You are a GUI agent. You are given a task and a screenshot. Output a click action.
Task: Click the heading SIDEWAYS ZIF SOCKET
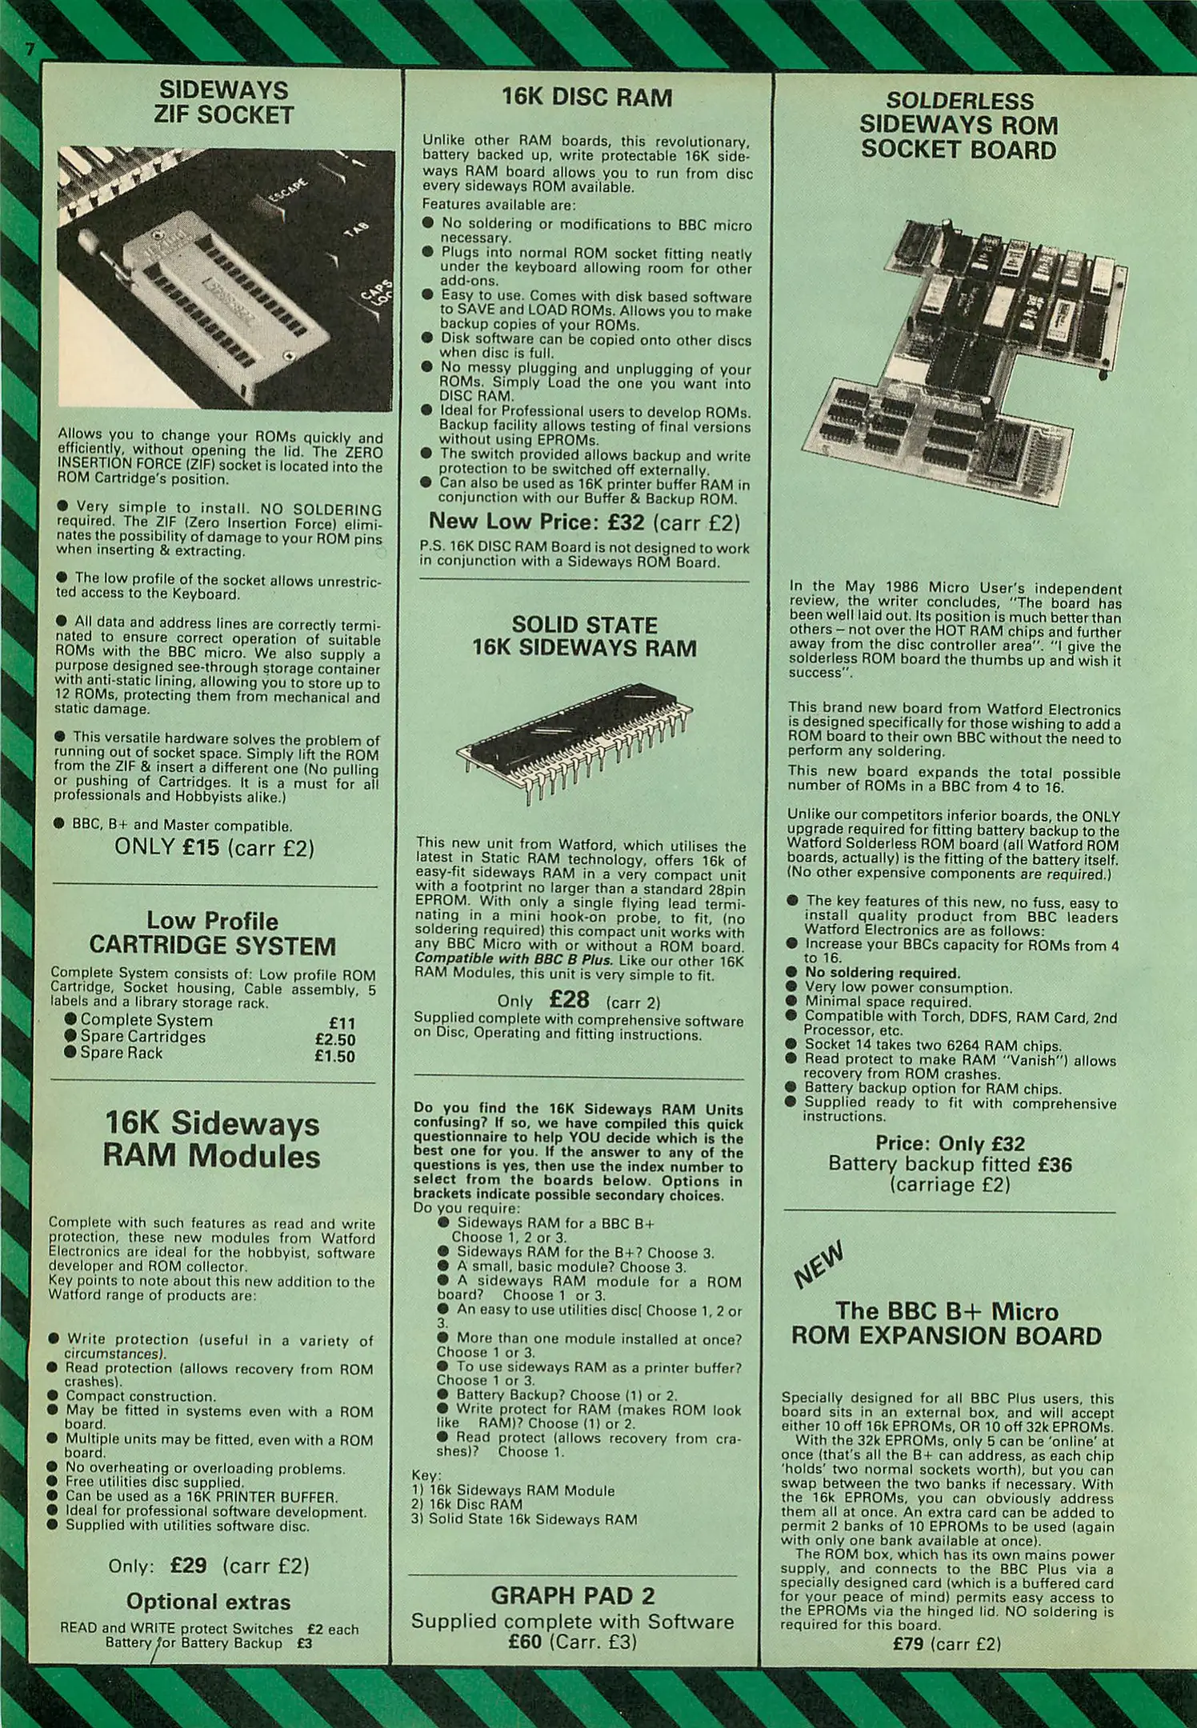(x=223, y=102)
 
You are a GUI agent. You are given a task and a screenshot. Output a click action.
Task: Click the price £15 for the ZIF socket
(x=201, y=847)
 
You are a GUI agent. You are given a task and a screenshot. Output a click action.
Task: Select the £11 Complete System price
(x=342, y=1023)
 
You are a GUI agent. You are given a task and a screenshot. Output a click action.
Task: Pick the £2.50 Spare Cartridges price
(x=335, y=1039)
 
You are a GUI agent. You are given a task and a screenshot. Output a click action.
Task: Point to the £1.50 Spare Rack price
(x=335, y=1056)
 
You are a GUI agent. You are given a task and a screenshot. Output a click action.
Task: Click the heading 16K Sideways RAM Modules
(x=212, y=1140)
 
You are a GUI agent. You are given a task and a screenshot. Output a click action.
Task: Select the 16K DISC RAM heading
(x=586, y=98)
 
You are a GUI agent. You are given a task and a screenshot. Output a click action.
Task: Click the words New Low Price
(x=513, y=521)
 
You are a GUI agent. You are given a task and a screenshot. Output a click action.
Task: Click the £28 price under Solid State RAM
(x=570, y=1000)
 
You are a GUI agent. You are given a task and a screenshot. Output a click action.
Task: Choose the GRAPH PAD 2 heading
(x=573, y=1596)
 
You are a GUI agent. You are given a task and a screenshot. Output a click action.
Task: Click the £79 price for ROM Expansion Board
(x=909, y=1644)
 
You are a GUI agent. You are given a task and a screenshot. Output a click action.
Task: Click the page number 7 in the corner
(x=30, y=50)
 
